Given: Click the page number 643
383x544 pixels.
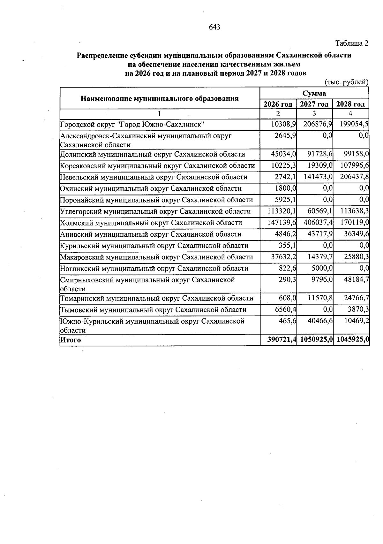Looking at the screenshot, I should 214,27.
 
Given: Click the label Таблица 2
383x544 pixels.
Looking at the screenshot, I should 351,43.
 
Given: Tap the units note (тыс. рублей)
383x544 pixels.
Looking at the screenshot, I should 346,82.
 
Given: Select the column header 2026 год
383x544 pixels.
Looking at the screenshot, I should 278,104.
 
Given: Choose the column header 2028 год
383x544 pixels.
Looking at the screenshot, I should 350,104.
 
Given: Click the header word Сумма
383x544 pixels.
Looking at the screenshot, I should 314,93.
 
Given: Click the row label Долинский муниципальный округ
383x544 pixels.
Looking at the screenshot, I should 153,154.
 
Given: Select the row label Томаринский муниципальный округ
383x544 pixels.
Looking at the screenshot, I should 156,298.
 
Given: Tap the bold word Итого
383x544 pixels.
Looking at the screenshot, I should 71,340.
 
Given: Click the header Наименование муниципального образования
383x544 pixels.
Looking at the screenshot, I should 160,98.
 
